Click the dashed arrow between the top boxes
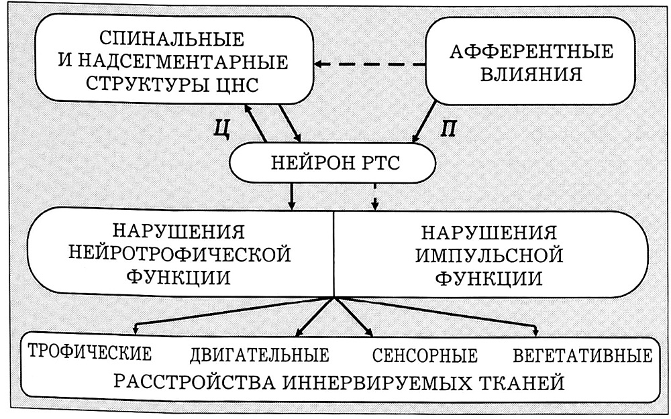[x=370, y=64]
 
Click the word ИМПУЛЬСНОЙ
[x=489, y=255]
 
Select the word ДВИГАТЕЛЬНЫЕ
[x=260, y=355]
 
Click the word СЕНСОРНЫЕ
[x=423, y=355]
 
